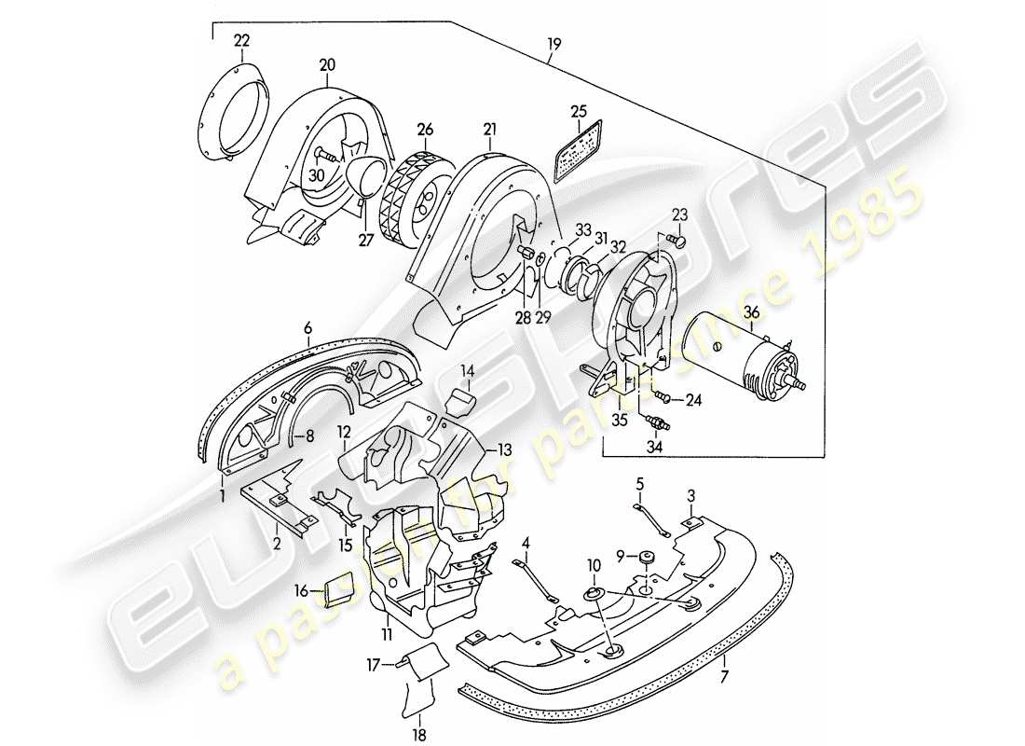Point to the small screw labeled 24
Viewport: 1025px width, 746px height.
tap(663, 400)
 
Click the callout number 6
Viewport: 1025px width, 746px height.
tap(307, 327)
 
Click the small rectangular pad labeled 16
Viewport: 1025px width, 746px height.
tap(337, 590)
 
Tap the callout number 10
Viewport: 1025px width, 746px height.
tap(594, 565)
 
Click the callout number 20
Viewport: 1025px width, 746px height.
tap(328, 64)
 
